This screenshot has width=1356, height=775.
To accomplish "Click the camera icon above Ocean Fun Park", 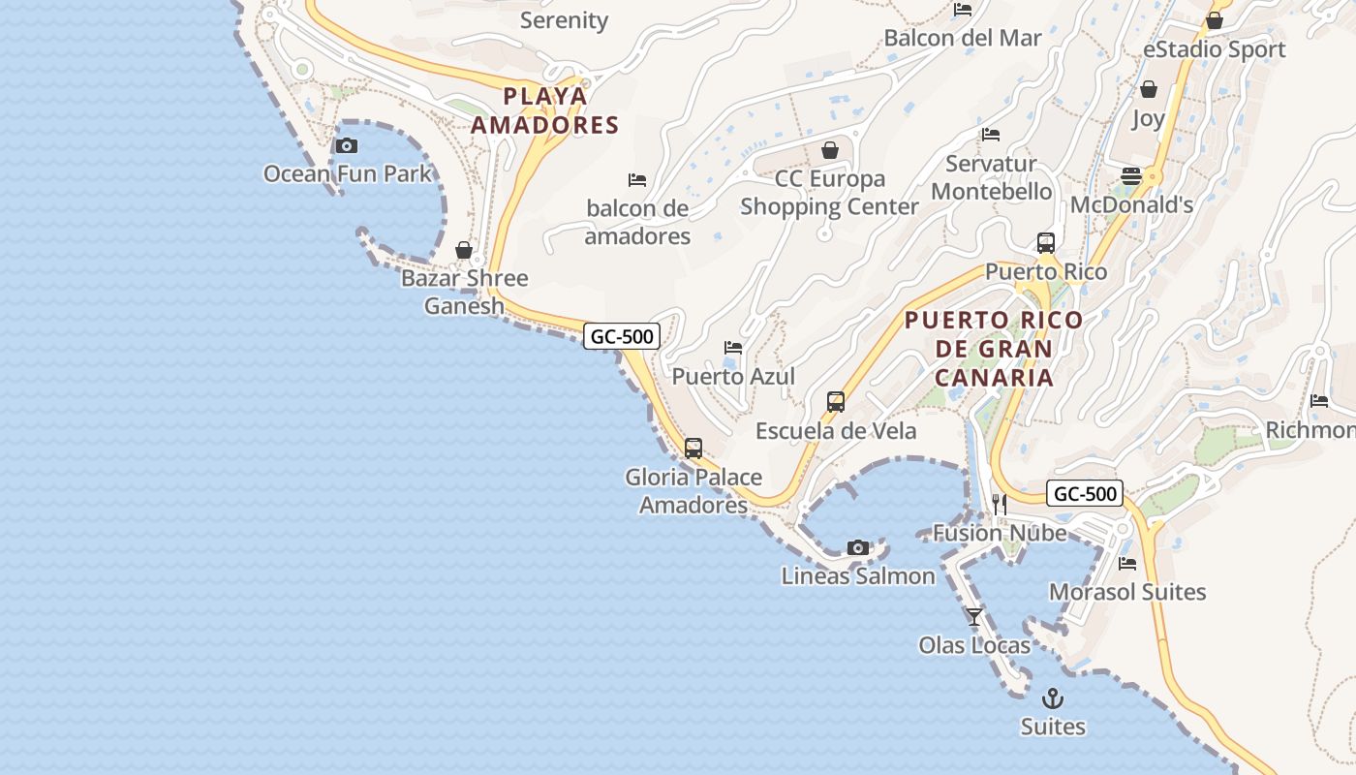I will coord(347,146).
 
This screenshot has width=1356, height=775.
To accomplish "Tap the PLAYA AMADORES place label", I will coord(544,110).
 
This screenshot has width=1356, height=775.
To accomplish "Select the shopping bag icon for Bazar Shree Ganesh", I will coord(464,251).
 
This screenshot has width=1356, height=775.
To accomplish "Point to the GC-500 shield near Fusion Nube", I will coord(1085,493).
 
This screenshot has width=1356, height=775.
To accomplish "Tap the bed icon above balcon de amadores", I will coord(637,180).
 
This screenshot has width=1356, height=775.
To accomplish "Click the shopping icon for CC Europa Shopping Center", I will coord(829,150).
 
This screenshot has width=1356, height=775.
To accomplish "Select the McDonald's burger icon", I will coord(1130,176).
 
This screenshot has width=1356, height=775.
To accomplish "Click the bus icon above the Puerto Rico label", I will coord(1045,243).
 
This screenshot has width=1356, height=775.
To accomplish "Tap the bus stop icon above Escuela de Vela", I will coord(835,402).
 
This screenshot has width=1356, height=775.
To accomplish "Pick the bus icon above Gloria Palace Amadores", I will coord(693,449).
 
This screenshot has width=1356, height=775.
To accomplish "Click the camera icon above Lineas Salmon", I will coord(858,548).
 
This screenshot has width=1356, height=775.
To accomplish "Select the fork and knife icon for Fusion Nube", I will coord(1000,505).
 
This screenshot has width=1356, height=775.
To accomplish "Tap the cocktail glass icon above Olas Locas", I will coord(974,617).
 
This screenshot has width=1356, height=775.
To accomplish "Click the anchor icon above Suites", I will coord(1053,698).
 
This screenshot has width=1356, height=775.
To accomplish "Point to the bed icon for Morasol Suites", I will coord(1127,564).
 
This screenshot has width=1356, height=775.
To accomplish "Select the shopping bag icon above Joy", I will coord(1149,90).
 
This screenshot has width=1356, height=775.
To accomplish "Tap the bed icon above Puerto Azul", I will coord(733,348).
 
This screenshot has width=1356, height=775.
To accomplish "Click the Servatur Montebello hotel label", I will coord(991,177).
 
